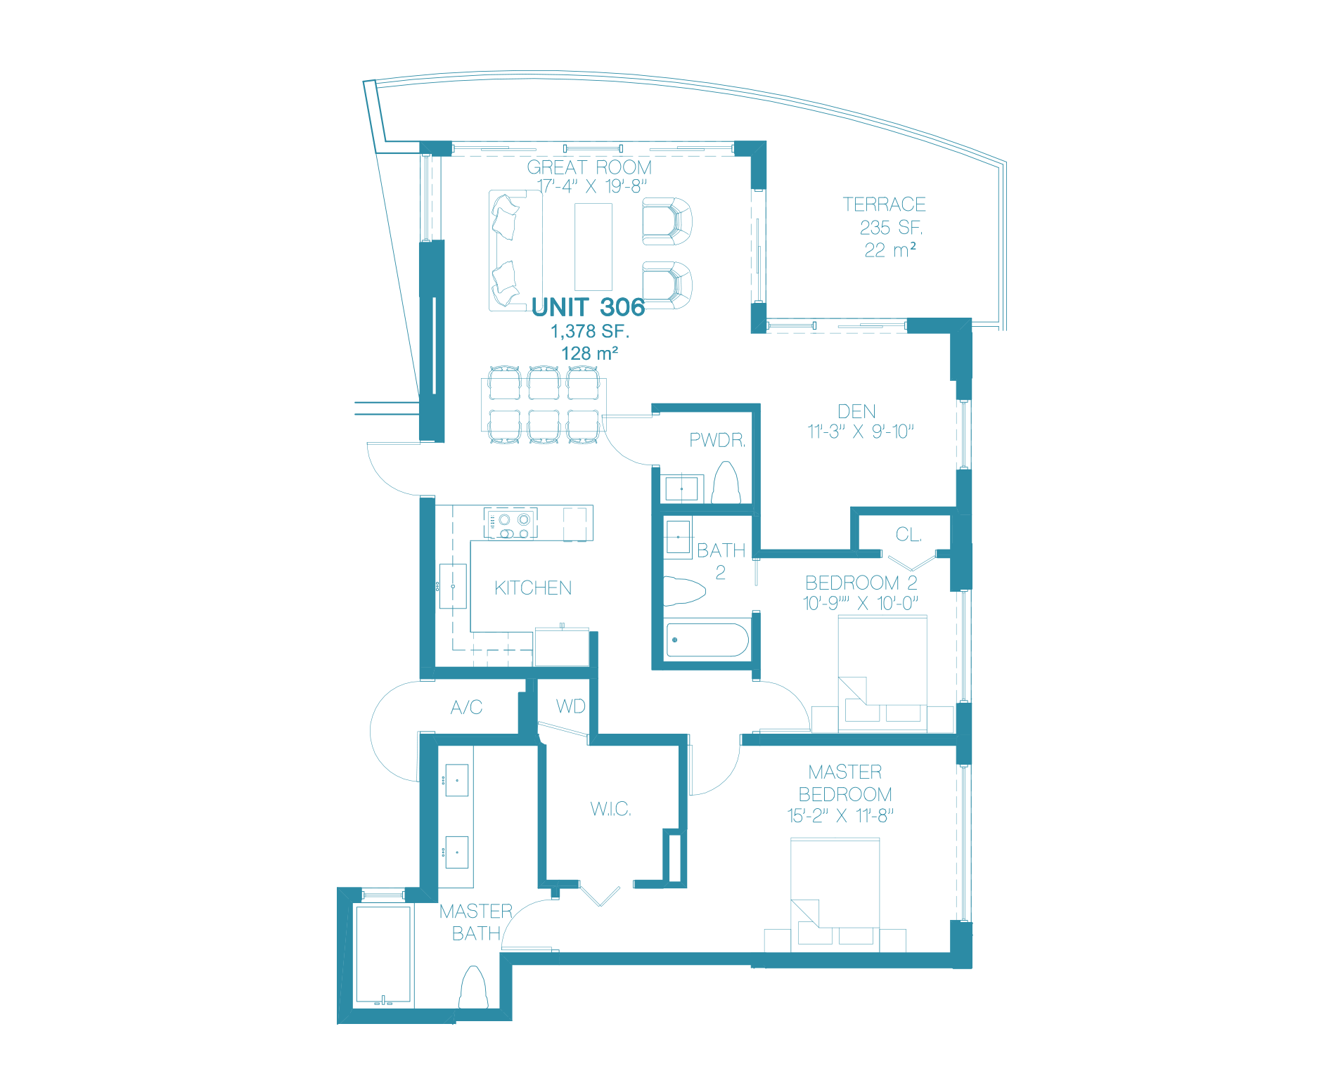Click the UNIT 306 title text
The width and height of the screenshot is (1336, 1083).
point(588,307)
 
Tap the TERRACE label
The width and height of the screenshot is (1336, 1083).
point(884,205)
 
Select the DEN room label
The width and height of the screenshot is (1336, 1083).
point(856,411)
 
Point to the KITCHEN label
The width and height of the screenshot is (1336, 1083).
point(533,588)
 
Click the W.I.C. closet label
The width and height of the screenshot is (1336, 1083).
point(610,809)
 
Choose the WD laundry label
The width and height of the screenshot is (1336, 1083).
point(570,706)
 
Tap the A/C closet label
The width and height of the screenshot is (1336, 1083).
point(466,707)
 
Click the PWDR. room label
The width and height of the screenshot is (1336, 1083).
point(717,440)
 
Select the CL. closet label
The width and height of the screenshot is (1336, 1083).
point(908,535)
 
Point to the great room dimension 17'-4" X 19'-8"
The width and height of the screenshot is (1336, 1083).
point(591,186)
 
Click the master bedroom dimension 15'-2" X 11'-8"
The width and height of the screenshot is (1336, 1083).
point(840,816)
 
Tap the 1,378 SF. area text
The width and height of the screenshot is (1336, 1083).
point(589,331)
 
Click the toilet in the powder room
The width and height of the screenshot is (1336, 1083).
point(726,483)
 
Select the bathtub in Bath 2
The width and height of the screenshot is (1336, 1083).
point(707,640)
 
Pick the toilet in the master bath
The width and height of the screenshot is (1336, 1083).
point(473,987)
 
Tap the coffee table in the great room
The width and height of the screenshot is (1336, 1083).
point(593,247)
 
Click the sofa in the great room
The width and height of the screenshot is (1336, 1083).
point(515,251)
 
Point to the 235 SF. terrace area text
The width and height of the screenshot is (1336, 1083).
point(891,228)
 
